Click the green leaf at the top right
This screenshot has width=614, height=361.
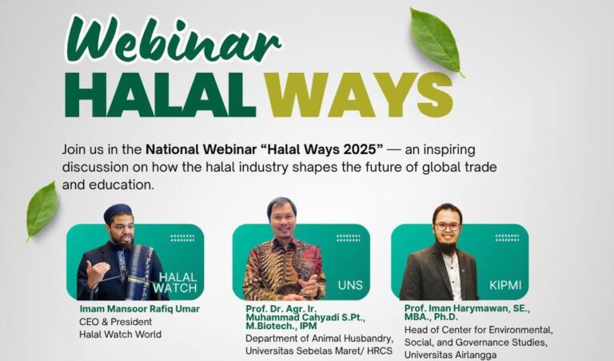[x=436, y=40]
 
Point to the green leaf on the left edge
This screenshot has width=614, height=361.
[x=42, y=208]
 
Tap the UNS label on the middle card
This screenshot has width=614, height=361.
[x=350, y=284]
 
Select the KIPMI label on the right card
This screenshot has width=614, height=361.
[x=505, y=284]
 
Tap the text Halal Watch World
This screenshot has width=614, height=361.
[x=120, y=334]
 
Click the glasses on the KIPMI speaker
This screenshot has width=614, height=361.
[x=447, y=226]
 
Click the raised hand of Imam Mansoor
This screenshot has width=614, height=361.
[x=94, y=271]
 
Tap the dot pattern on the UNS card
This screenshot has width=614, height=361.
[x=348, y=238]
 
